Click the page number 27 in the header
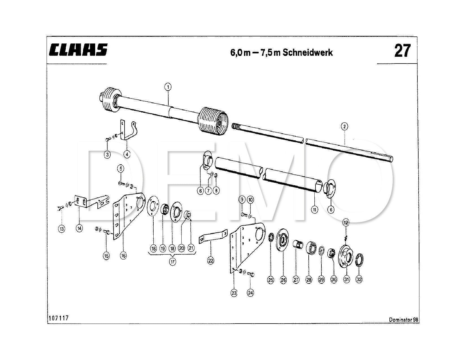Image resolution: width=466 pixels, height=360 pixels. click(x=402, y=51)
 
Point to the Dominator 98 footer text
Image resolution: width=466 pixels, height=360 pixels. click(x=403, y=320)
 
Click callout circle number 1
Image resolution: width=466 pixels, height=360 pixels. click(x=168, y=87)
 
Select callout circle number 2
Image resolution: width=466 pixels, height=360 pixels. click(x=345, y=126)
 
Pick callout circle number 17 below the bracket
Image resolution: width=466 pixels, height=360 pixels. click(x=172, y=262)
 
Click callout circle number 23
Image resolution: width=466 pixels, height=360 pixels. click(x=234, y=293)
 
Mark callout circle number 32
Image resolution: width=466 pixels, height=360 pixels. click(x=359, y=280)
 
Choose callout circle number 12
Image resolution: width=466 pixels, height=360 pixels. click(x=346, y=222)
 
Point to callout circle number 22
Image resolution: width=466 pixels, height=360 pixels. click(x=211, y=260)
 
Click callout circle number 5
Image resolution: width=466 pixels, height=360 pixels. click(x=121, y=169)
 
